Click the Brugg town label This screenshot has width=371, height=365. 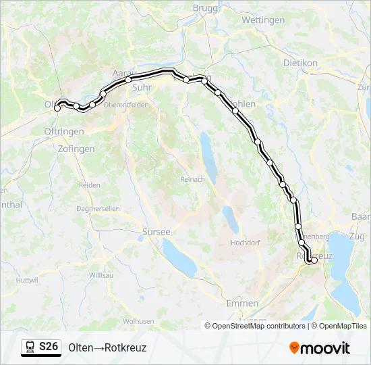tap(206, 7)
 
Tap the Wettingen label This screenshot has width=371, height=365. tap(263, 20)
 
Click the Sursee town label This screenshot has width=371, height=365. tap(156, 231)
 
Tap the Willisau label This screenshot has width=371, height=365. tap(101, 276)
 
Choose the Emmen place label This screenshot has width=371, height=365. tap(242, 303)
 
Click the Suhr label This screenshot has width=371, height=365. tap(142, 87)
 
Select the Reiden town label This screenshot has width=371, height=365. tap(90, 185)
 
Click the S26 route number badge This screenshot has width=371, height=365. tap(49, 347)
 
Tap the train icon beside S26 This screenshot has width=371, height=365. tap(30, 347)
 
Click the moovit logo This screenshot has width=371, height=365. tap(320, 348)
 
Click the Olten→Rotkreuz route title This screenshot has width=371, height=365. tap(107, 348)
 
